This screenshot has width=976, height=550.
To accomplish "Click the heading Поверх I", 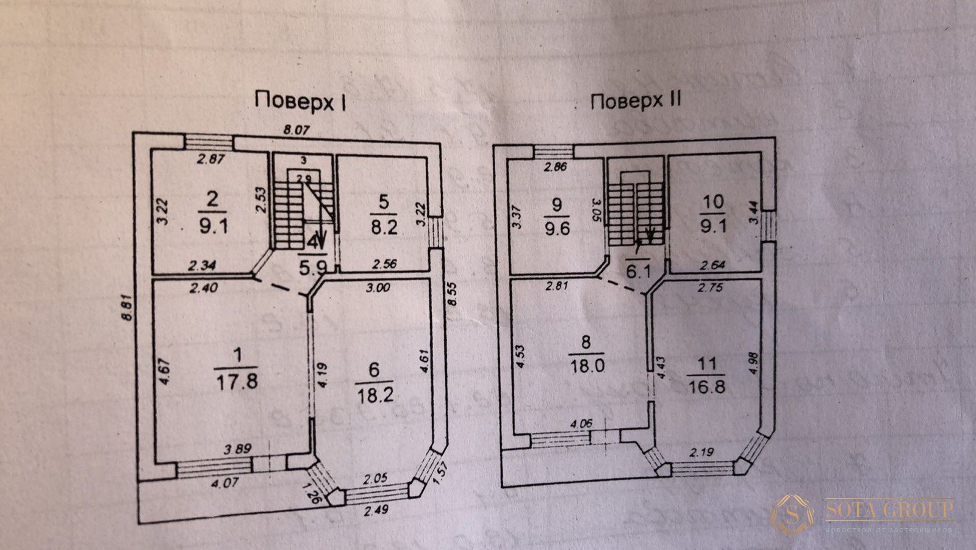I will (x=300, y=101).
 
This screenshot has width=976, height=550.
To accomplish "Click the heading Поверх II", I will (x=634, y=101).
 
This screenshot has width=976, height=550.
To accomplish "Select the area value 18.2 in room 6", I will (x=375, y=393).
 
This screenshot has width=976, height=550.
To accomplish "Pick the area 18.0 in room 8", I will (x=586, y=365).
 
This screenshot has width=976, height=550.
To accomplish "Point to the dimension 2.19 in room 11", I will (x=701, y=452).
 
